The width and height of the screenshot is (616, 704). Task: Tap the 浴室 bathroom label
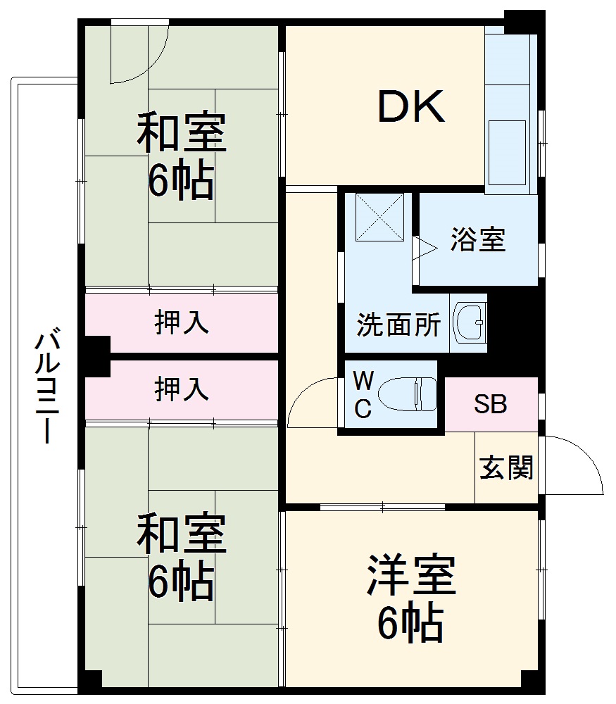click(x=478, y=241)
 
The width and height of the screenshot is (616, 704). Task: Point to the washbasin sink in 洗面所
click(x=468, y=323)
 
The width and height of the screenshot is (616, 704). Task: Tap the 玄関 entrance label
click(x=506, y=467)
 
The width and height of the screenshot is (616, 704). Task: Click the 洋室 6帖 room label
click(x=410, y=598)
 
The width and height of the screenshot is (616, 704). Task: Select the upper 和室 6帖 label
click(x=181, y=156)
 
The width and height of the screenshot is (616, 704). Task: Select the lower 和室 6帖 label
click(x=181, y=557)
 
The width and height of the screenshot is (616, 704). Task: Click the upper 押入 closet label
click(x=182, y=323)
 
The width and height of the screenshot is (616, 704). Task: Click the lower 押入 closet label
click(x=182, y=389)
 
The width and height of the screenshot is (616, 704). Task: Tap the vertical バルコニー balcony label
click(x=46, y=386)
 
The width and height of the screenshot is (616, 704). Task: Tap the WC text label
click(x=363, y=396)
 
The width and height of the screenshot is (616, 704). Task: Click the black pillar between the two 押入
click(x=96, y=356)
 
